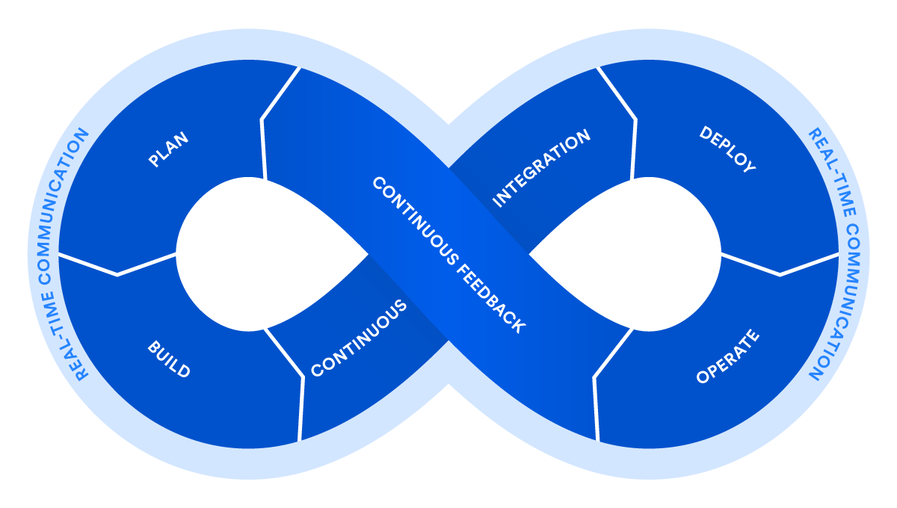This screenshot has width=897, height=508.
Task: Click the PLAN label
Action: point(168,149)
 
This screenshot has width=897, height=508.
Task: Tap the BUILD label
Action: point(169,359)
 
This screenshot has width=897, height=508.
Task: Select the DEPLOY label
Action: point(727,149)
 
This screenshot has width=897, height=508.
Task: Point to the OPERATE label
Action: point(727,357)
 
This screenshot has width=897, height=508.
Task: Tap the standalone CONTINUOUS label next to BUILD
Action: point(359,338)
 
